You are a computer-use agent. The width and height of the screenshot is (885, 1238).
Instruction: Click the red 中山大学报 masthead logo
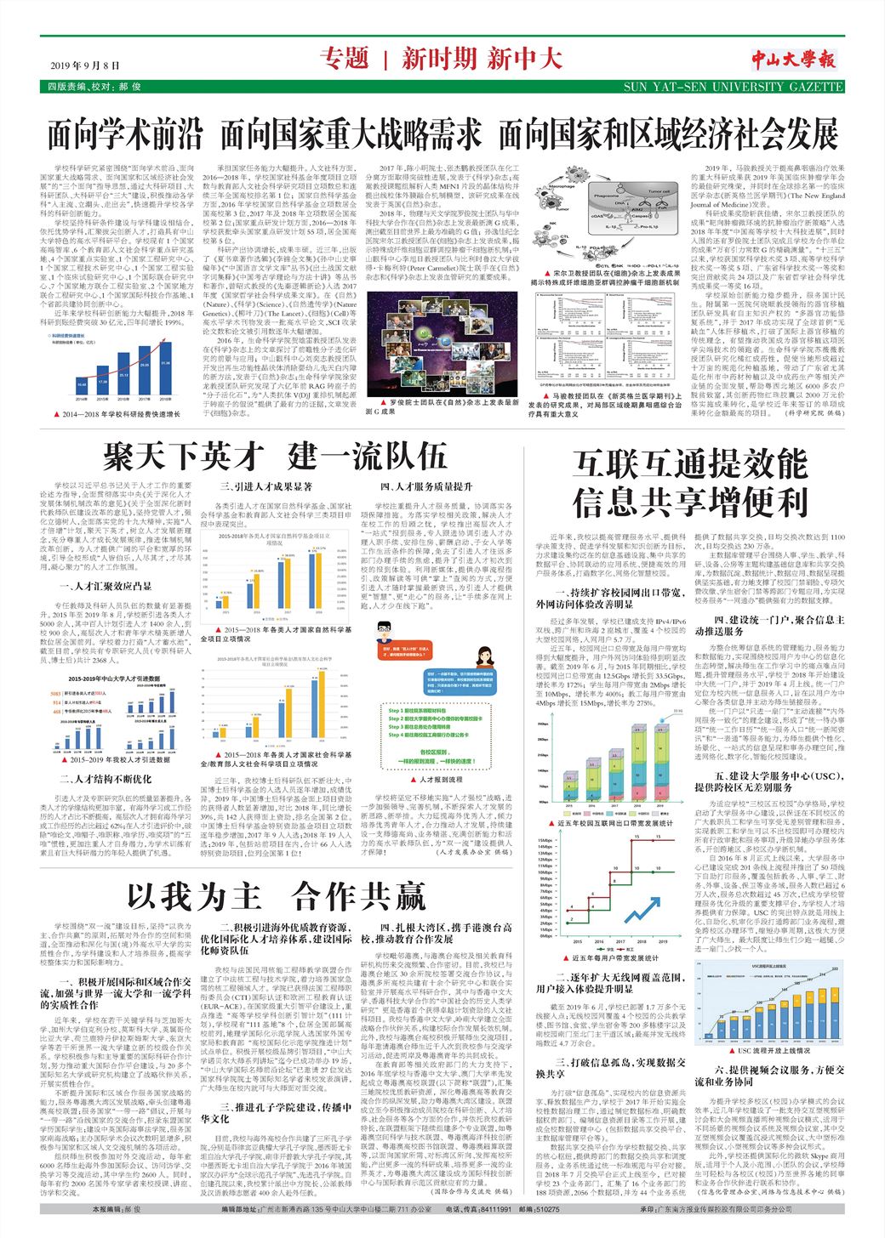click(793, 59)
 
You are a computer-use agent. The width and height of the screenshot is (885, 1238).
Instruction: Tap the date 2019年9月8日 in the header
click(85, 65)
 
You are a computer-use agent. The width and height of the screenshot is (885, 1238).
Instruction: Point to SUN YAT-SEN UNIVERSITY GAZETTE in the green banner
click(733, 87)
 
